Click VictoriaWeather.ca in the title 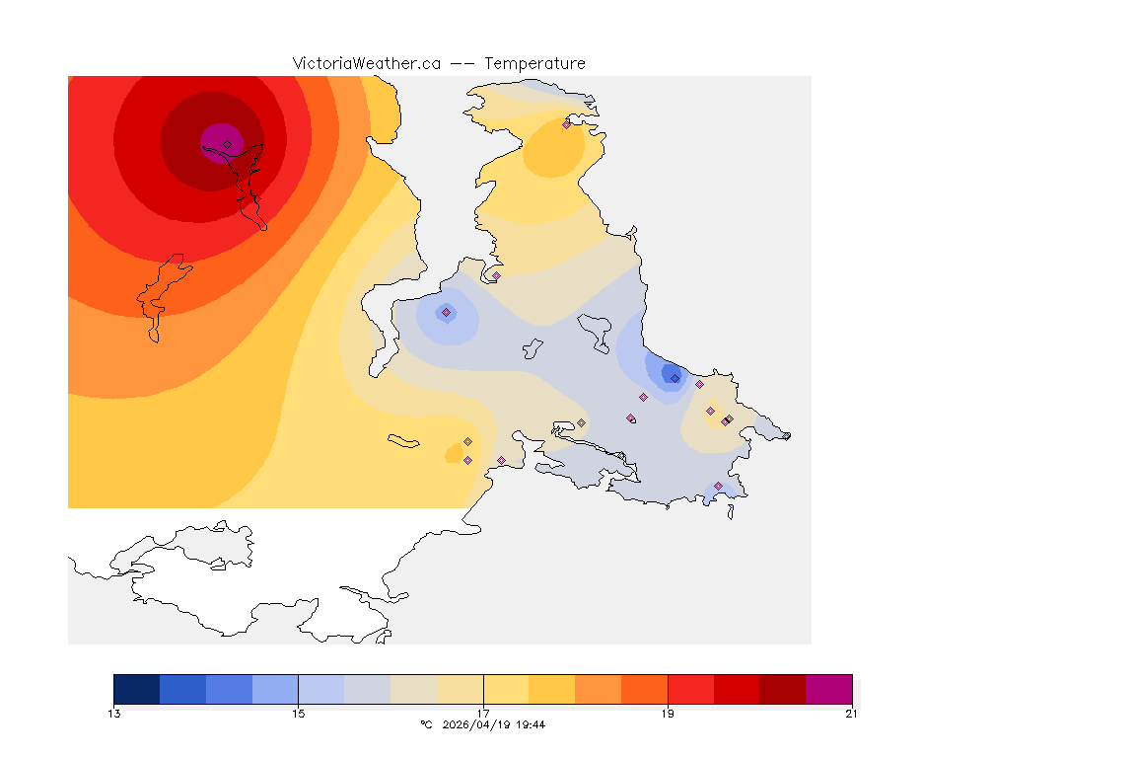(366, 63)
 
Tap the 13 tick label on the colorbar (114, 714)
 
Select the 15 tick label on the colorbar (298, 714)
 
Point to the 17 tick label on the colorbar (483, 714)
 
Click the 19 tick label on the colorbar (668, 714)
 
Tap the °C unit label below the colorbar (426, 724)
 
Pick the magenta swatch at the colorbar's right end (828, 689)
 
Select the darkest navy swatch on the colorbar (136, 689)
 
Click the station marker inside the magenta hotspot (227, 144)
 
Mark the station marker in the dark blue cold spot (674, 378)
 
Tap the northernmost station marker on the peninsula (566, 124)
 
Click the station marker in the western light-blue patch (446, 313)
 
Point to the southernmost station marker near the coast (718, 486)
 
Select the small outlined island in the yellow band (404, 441)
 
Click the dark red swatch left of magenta (782, 689)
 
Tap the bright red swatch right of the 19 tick (690, 689)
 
